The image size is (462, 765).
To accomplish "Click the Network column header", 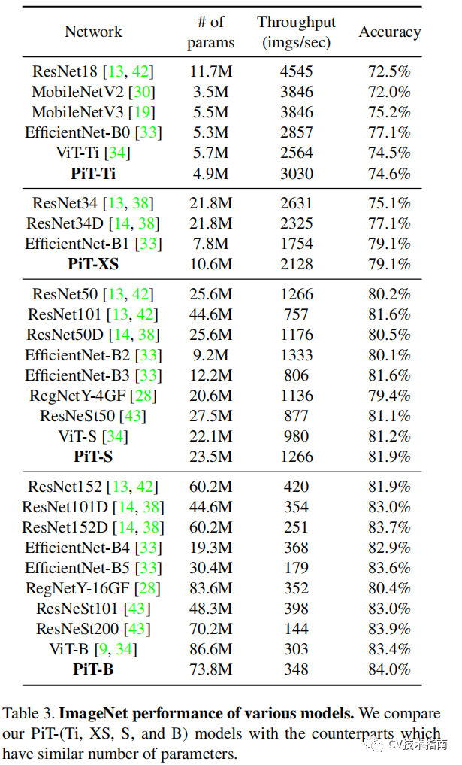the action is tap(93, 32).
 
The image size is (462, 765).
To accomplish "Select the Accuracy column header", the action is tap(390, 32).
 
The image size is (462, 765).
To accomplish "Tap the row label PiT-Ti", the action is tap(93, 173).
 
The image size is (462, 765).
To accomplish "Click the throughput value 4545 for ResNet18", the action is tap(296, 71).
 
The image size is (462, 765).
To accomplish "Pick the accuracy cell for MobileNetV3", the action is tap(389, 112).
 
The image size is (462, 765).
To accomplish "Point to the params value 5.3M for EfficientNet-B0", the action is tap(210, 132).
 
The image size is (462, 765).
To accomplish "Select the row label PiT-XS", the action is tap(93, 264).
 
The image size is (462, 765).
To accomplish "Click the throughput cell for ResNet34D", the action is tap(296, 223).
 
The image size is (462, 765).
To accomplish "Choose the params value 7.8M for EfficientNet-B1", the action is tap(210, 244).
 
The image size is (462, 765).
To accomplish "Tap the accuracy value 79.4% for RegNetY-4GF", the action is tap(389, 396).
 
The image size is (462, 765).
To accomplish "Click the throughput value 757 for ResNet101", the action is tap(296, 314).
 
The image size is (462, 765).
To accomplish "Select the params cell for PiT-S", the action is tap(210, 457).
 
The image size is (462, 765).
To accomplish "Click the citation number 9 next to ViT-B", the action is tap(102, 649).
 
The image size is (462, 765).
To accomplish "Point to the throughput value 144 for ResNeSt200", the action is tap(296, 629).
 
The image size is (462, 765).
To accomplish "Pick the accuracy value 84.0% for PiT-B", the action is tap(389, 669).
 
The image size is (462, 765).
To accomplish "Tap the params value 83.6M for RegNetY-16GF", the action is tap(210, 588).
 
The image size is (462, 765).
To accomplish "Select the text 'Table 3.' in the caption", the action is tap(29, 713).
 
